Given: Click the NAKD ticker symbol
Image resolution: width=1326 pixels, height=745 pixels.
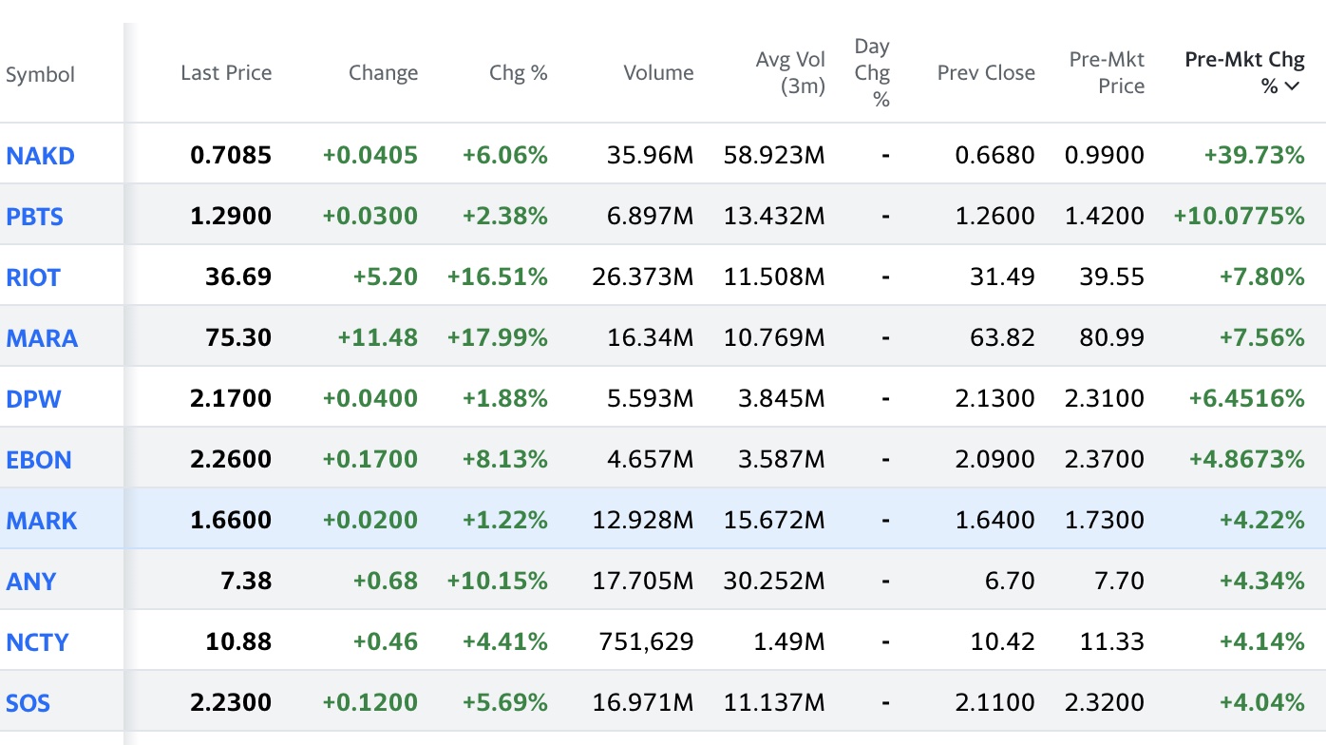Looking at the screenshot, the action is click(40, 156).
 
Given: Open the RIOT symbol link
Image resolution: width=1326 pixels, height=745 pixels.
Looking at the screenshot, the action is click(33, 277).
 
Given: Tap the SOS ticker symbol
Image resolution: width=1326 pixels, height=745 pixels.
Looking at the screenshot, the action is click(28, 703).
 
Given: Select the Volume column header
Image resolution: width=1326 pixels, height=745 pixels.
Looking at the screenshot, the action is click(658, 73).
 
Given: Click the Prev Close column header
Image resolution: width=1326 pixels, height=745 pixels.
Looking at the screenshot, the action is click(986, 73).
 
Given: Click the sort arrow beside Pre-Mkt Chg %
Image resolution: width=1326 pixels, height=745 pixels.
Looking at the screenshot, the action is click(1293, 86).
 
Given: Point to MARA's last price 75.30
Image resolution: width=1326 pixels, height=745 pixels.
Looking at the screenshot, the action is click(238, 337).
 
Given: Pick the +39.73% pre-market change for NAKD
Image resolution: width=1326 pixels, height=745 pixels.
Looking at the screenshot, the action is click(1255, 155).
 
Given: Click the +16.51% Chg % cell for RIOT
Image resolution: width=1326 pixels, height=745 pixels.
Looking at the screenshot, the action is click(498, 277).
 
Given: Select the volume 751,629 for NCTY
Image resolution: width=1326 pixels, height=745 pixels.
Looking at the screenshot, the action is click(646, 641).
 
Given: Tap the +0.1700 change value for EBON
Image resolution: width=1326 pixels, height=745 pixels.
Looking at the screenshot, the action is click(370, 459).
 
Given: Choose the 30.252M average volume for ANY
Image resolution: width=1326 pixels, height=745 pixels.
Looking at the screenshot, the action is click(774, 581).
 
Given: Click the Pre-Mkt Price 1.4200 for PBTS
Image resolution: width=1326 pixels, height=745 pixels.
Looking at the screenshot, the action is click(1105, 216).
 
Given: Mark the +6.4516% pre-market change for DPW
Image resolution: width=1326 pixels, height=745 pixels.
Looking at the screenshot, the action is click(1246, 398).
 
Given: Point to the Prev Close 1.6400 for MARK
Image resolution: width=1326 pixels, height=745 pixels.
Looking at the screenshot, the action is click(995, 520).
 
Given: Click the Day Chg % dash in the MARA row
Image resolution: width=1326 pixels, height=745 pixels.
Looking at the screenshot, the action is click(885, 337).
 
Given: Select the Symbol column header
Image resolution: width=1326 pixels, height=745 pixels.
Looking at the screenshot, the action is click(40, 75).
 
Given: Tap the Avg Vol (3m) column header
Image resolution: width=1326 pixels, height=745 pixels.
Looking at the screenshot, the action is click(790, 73).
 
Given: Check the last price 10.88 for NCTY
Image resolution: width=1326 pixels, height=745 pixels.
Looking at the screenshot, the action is click(238, 641).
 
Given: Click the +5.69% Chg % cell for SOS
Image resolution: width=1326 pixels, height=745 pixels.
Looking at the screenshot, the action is click(505, 702).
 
